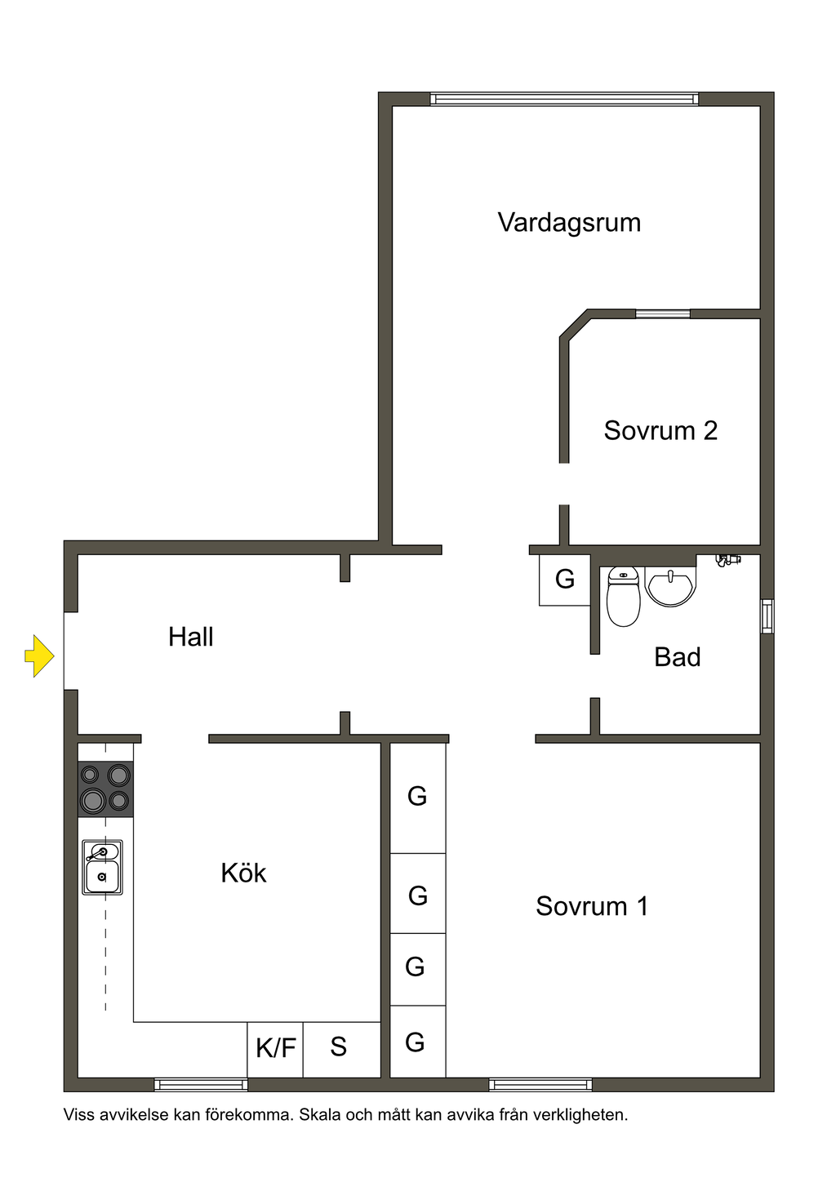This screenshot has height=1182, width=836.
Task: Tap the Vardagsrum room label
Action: pyautogui.click(x=569, y=223)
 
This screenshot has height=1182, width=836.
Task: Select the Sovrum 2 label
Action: pyautogui.click(x=660, y=430)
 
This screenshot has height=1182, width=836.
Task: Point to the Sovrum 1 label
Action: pyautogui.click(x=592, y=906)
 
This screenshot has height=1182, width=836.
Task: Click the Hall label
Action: pyautogui.click(x=190, y=637)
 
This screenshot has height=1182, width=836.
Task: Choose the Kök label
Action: pyautogui.click(x=243, y=873)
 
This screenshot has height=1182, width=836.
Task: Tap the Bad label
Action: pyautogui.click(x=677, y=657)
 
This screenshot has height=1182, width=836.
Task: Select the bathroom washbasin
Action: pyautogui.click(x=670, y=587)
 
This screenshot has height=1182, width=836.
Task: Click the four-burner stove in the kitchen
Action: pyautogui.click(x=105, y=789)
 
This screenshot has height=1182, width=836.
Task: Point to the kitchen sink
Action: pyautogui.click(x=102, y=868)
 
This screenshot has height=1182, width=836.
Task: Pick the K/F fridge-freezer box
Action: pyautogui.click(x=275, y=1049)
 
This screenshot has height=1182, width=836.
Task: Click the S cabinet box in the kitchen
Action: pyautogui.click(x=340, y=1049)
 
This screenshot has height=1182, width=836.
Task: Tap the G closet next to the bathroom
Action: pyautogui.click(x=564, y=580)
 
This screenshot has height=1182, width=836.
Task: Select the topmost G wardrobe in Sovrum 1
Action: pyautogui.click(x=418, y=798)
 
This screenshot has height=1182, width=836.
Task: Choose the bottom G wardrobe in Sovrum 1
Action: pyautogui.click(x=416, y=1042)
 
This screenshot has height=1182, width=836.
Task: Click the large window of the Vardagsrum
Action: pyautogui.click(x=564, y=100)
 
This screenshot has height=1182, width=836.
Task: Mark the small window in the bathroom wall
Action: pyautogui.click(x=767, y=616)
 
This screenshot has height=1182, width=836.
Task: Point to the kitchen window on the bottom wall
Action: pyautogui.click(x=201, y=1085)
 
